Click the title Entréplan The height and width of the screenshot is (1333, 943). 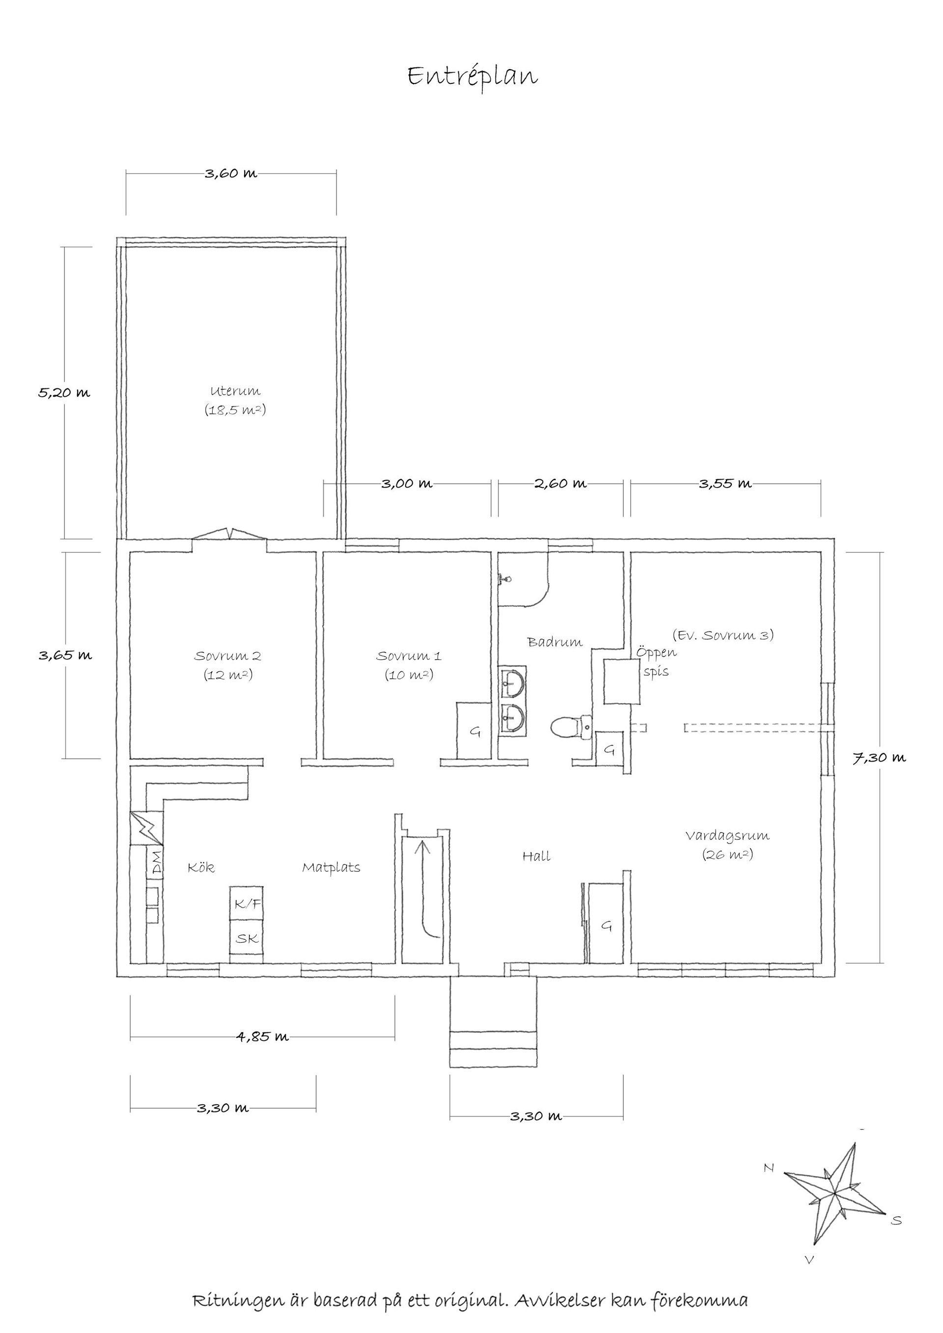(472, 77)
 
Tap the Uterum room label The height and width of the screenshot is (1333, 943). (235, 391)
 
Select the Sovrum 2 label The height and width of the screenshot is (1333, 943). (227, 656)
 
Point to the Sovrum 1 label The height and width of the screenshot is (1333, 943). (409, 656)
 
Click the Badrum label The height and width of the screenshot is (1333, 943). (555, 642)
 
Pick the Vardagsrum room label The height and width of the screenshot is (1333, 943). (727, 836)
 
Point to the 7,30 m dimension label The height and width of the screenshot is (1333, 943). (879, 758)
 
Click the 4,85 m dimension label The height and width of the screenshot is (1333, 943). (262, 1036)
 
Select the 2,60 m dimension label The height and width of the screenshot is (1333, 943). (560, 483)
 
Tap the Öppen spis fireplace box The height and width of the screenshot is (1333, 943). (621, 681)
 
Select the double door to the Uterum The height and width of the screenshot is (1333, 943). (229, 534)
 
